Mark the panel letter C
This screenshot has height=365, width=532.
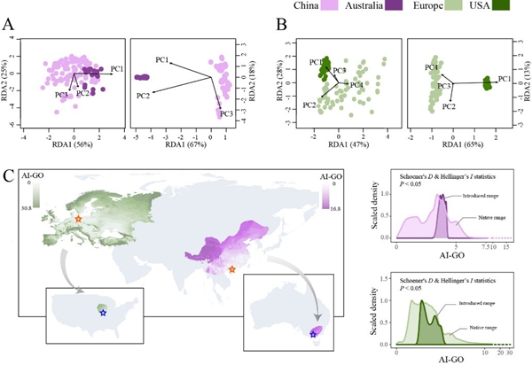pos(8,167)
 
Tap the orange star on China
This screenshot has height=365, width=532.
pos(232,268)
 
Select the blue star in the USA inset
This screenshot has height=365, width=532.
pos(103,313)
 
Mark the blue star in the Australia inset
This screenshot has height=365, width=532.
pos(312,334)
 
